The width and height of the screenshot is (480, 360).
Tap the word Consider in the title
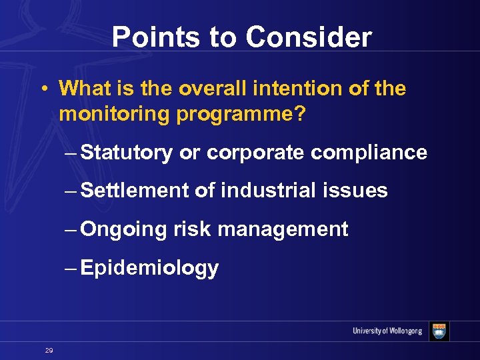coord(309,37)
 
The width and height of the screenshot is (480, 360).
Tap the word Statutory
coord(126,153)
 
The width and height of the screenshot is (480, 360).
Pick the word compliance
coord(369,153)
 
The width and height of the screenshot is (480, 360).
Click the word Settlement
coord(135,191)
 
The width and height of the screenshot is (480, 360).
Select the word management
coord(283,230)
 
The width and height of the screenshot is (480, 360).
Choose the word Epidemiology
coord(150,268)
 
